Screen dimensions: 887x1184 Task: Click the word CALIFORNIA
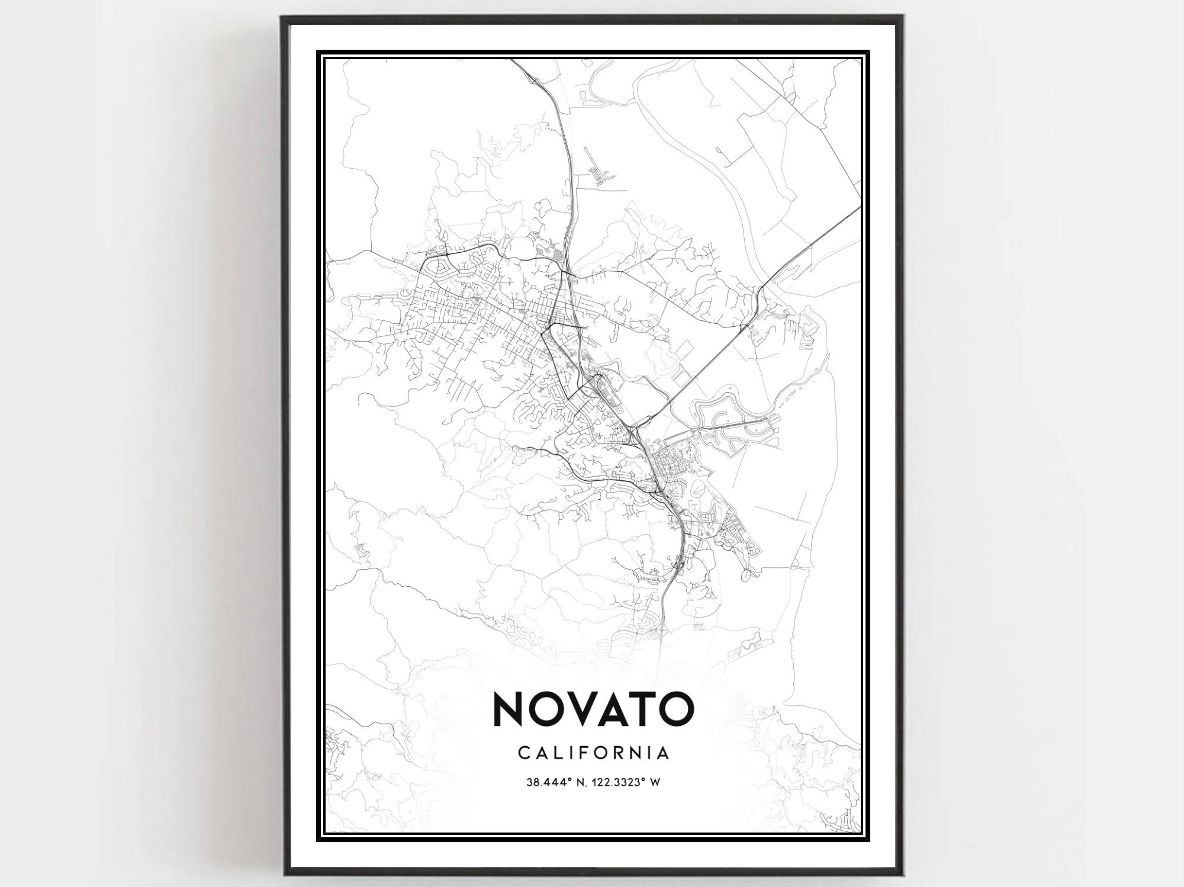click(x=593, y=753)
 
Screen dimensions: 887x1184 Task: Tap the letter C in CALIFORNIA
click(x=523, y=753)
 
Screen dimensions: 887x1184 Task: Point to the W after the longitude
click(x=656, y=783)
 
